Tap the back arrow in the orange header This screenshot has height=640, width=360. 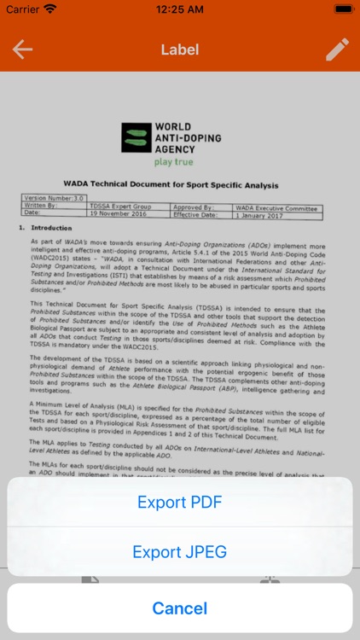(x=22, y=49)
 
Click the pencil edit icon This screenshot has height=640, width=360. (x=337, y=49)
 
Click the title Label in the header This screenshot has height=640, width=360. (x=179, y=49)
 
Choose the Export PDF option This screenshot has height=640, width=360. (x=180, y=503)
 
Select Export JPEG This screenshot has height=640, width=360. (x=180, y=552)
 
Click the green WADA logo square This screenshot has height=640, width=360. (x=135, y=137)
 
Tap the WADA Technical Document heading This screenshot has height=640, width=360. (x=171, y=184)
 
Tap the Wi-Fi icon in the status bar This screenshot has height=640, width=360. (x=50, y=9)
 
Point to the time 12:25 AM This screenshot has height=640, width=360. (x=179, y=9)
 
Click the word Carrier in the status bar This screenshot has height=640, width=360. (x=23, y=9)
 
